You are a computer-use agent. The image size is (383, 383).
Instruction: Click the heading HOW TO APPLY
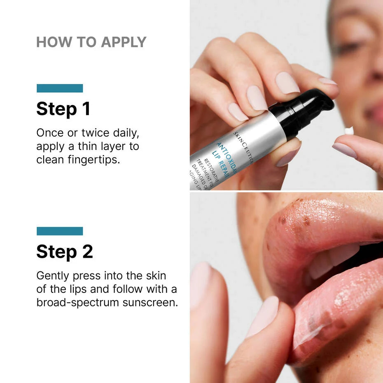click(x=91, y=42)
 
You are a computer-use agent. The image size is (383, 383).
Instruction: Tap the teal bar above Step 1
click(x=60, y=88)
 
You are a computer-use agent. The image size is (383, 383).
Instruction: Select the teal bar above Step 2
click(x=60, y=231)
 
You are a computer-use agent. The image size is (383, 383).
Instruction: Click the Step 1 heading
click(x=63, y=109)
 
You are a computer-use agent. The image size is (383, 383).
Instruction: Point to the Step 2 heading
click(x=64, y=252)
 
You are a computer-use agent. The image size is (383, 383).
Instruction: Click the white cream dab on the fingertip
click(x=349, y=131)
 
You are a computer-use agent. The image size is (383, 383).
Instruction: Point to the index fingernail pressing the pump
click(x=287, y=82)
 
